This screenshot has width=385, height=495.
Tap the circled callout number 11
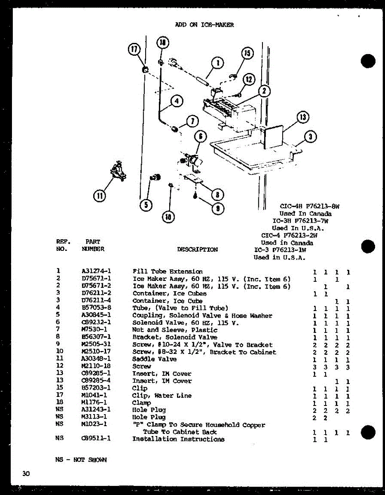[99, 196]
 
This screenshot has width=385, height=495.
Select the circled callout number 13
[302, 118]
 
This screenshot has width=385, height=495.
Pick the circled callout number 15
[247, 54]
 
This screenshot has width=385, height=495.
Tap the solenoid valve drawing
[192, 160]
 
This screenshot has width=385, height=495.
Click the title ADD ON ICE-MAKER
[204, 25]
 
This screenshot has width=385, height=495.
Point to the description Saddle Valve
[154, 359]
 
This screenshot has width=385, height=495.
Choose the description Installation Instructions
[178, 439]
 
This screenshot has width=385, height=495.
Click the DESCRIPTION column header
[197, 250]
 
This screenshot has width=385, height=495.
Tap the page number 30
[26, 474]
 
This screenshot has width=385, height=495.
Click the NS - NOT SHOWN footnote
[80, 460]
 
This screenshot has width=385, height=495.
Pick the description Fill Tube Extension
[168, 271]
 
